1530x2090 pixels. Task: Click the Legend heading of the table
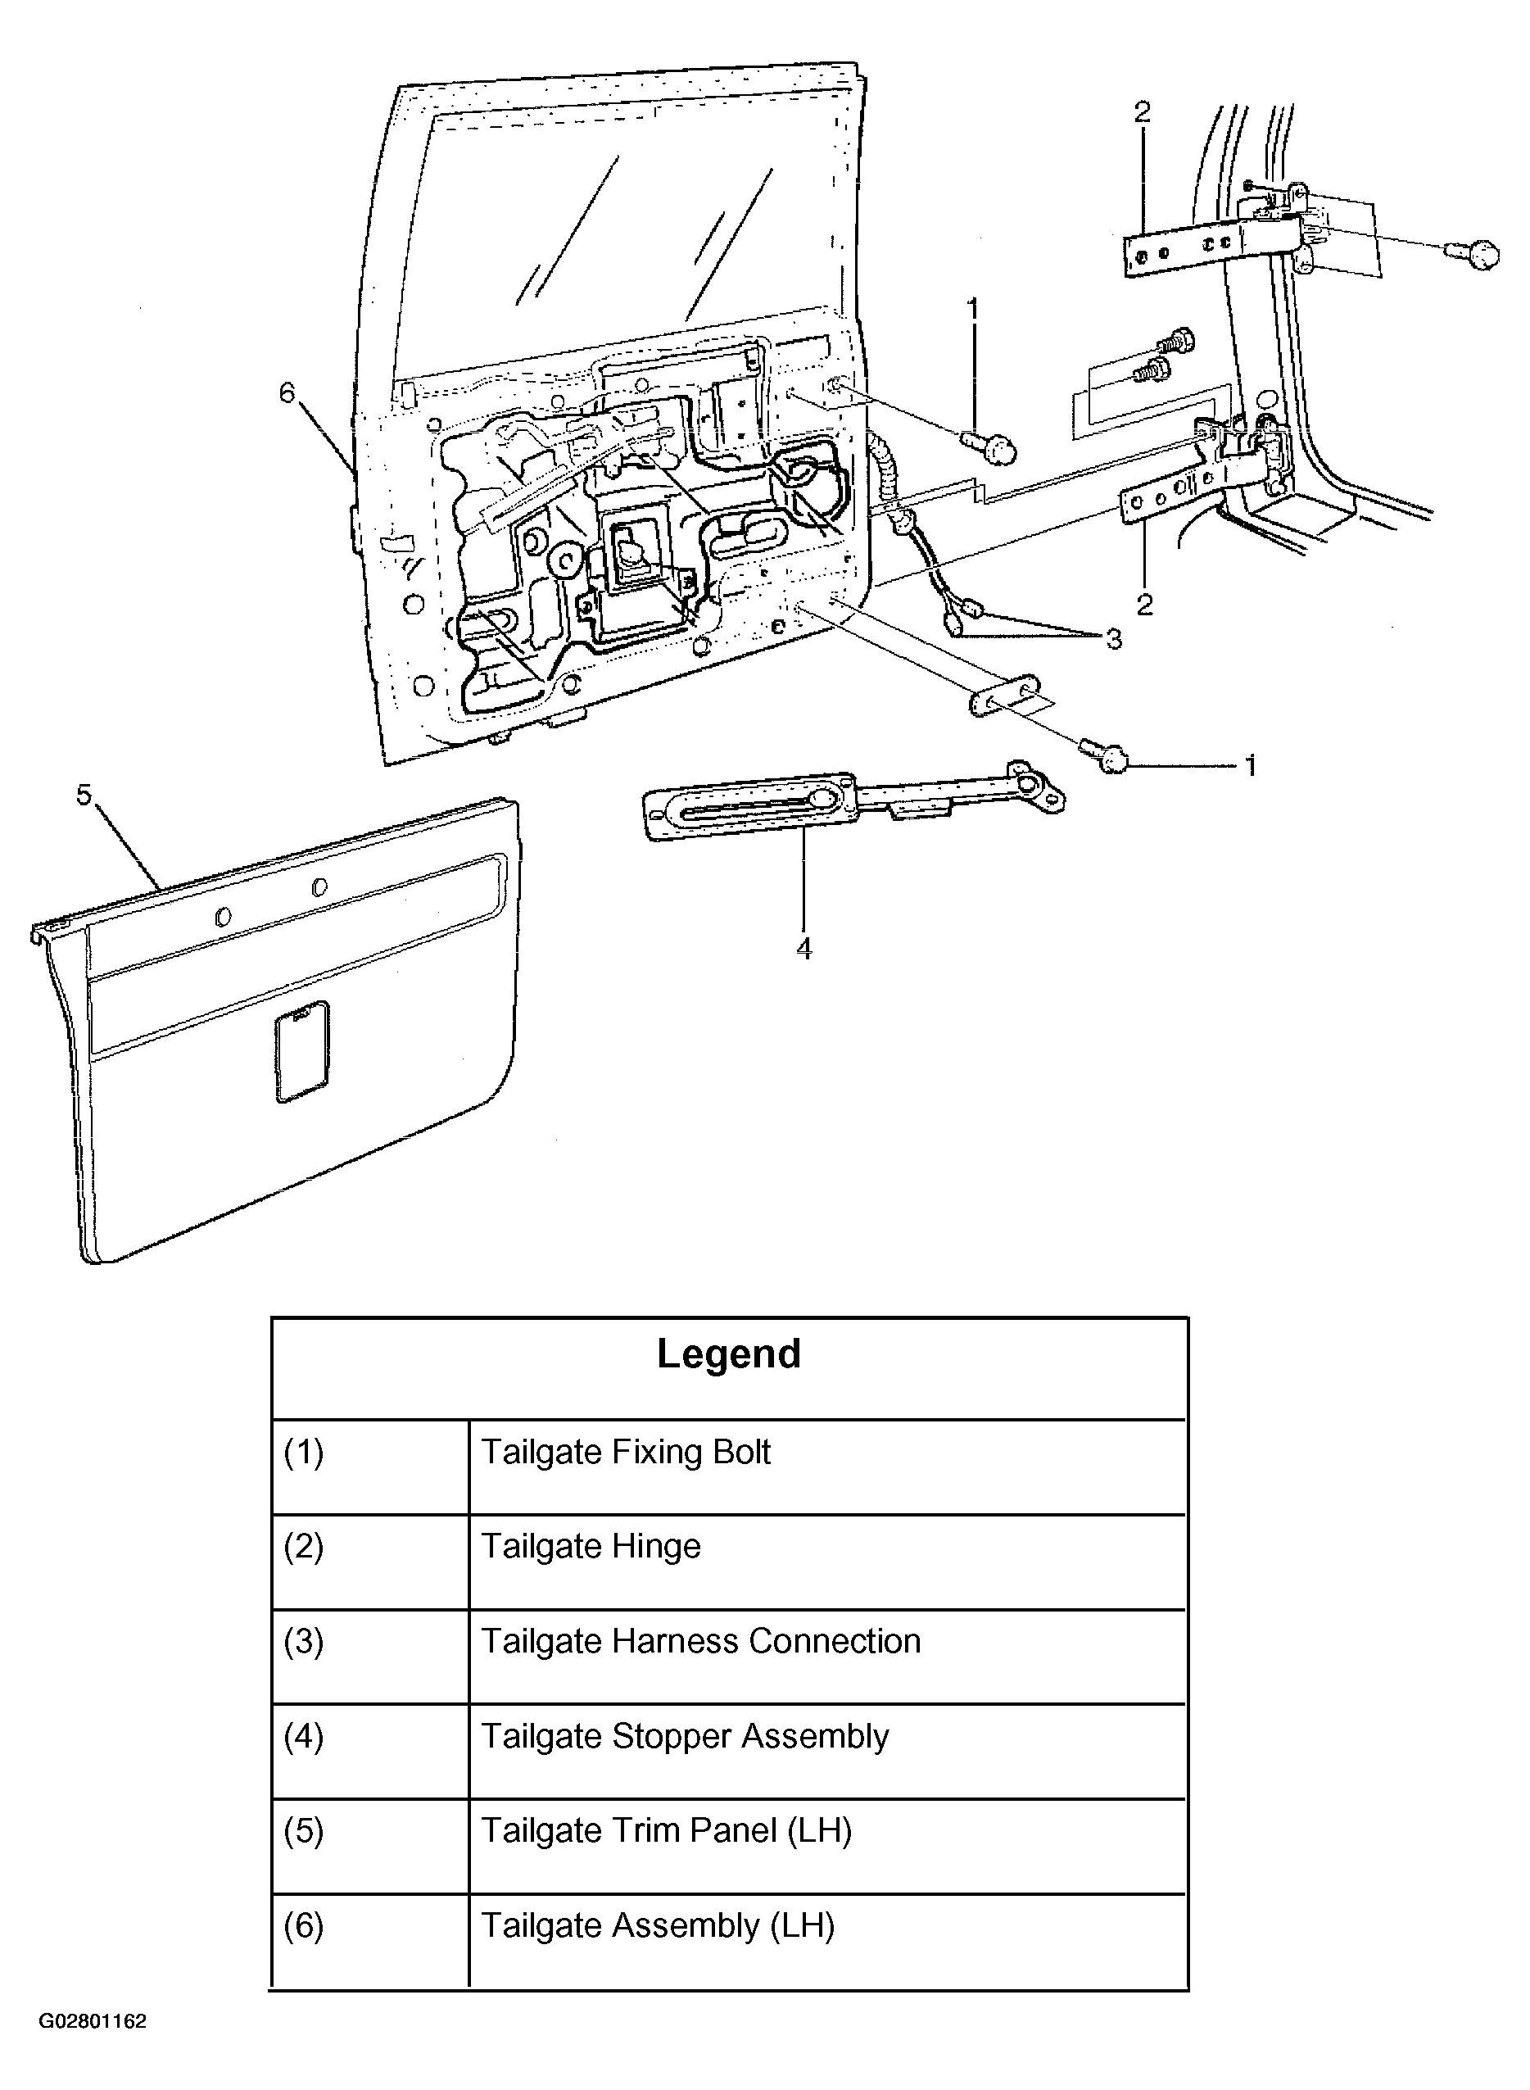[x=729, y=1354]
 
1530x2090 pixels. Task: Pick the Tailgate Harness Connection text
[x=701, y=1641]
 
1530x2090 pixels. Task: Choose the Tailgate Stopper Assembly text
[x=685, y=1737]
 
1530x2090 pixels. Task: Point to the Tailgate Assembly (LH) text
[x=658, y=1925]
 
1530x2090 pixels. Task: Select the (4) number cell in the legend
[x=370, y=1751]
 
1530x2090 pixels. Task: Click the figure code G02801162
[x=93, y=2021]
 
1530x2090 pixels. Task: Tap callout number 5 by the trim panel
[x=84, y=795]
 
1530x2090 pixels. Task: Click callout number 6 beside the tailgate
[x=287, y=392]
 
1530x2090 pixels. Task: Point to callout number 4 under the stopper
[x=803, y=948]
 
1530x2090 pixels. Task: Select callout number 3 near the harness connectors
[x=1113, y=638]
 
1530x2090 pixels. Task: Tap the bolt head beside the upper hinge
[x=1473, y=254]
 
